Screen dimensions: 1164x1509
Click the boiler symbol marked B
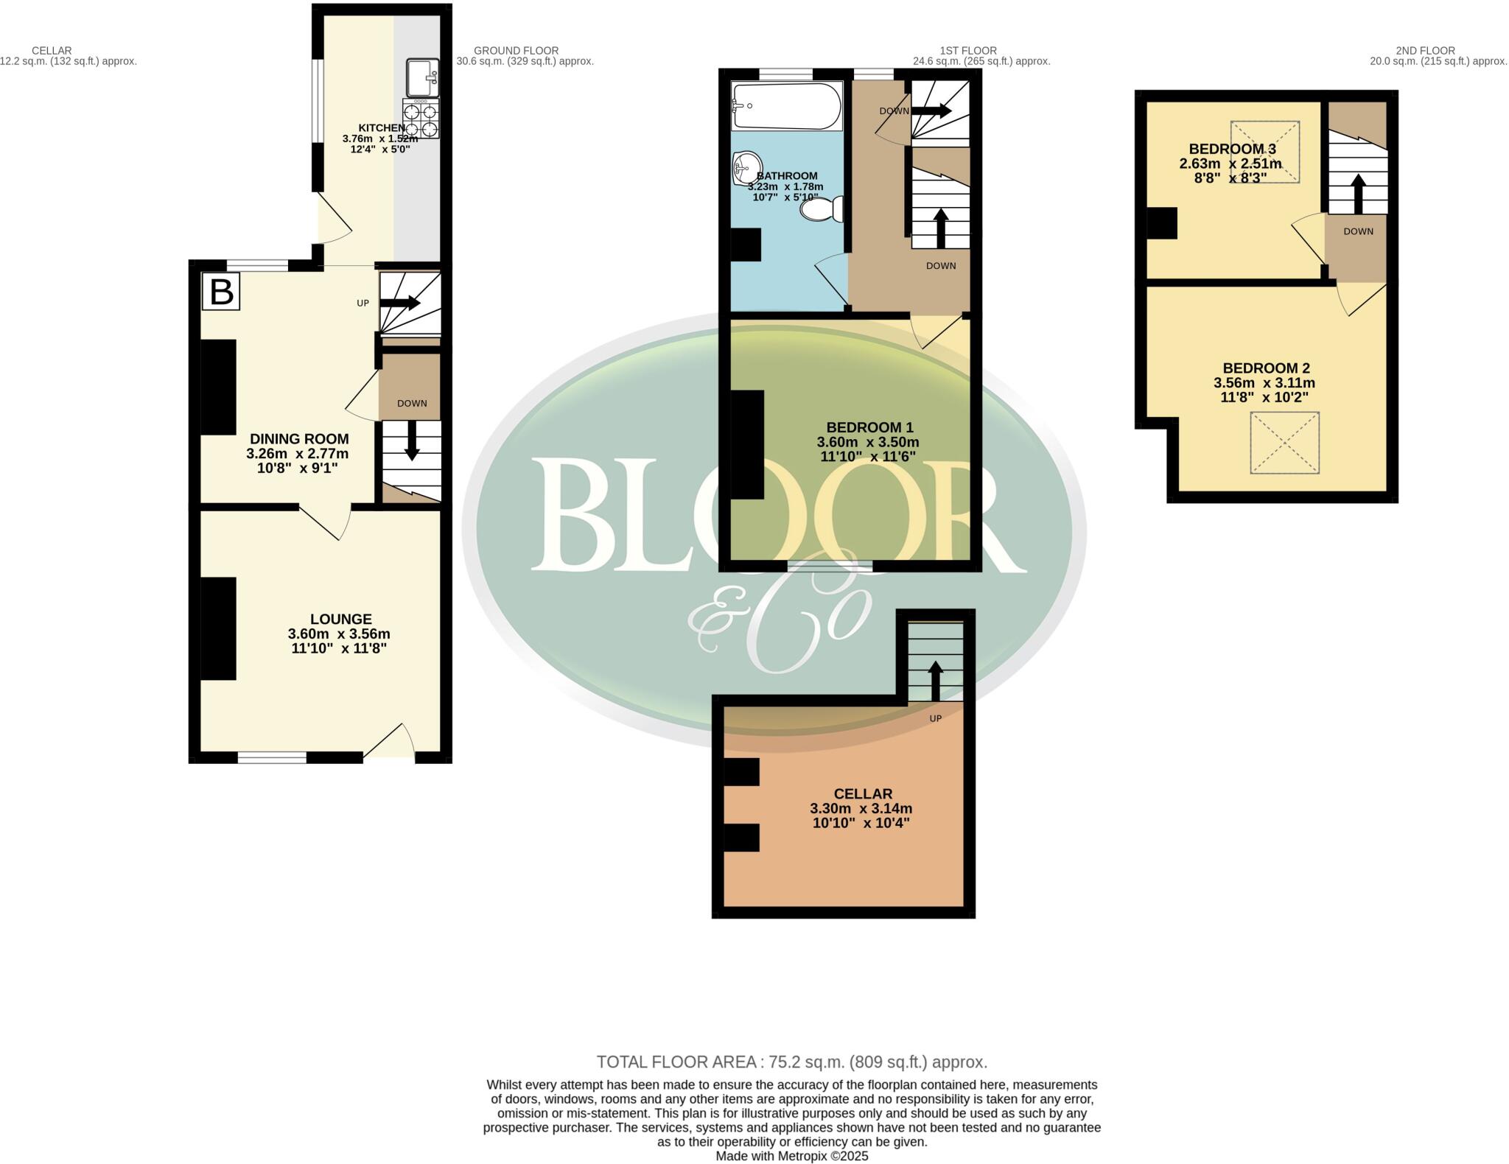221,292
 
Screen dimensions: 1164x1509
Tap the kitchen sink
422,78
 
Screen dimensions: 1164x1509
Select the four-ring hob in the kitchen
421,119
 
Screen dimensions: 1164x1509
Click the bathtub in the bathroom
786,106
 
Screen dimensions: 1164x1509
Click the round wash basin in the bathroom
747,169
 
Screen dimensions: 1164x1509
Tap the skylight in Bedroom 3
1264,151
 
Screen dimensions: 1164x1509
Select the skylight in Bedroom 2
1284,442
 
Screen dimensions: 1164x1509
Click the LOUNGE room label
340,620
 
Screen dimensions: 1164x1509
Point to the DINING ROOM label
298,439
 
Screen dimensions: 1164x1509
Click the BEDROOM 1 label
869,427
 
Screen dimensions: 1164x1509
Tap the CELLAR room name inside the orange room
863,793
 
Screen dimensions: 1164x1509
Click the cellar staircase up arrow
935,679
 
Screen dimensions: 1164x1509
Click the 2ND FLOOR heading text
1425,51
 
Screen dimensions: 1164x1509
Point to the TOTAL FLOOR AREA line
791,1062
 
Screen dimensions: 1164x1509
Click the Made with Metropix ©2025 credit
791,1156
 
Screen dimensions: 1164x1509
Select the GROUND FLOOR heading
516,51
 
